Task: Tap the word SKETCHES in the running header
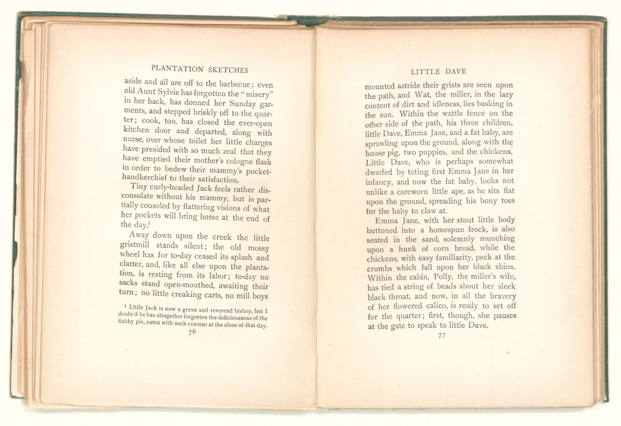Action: (x=228, y=70)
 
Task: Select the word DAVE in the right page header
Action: (x=456, y=72)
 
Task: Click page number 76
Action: (x=192, y=332)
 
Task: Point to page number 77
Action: (x=442, y=336)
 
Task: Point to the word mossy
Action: (x=258, y=248)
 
